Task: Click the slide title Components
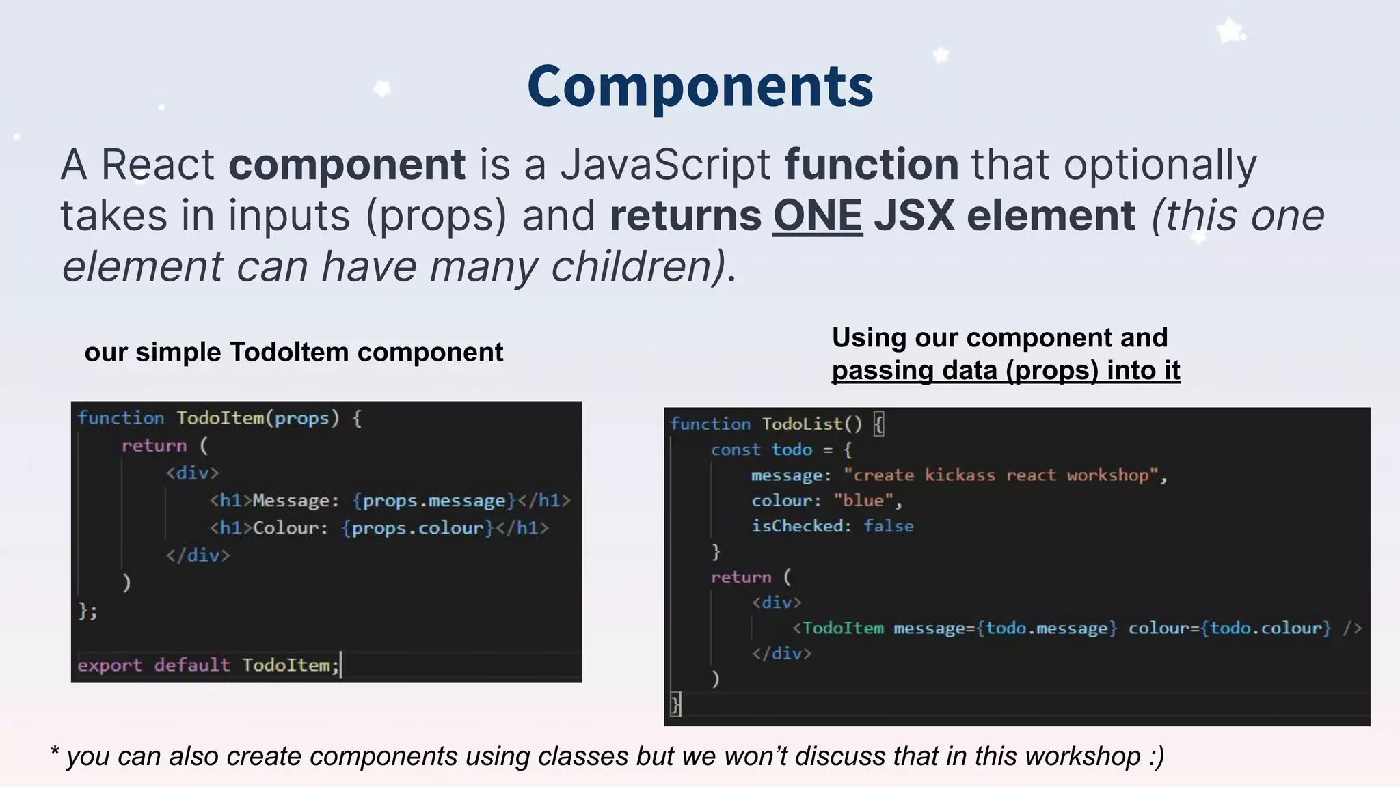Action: pyautogui.click(x=700, y=87)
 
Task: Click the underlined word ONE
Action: pyautogui.click(x=818, y=215)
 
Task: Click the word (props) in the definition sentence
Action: pyautogui.click(x=436, y=215)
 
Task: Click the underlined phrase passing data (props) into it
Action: pyautogui.click(x=1006, y=370)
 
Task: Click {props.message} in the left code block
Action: pyautogui.click(x=434, y=501)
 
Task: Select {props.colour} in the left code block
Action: pyautogui.click(x=418, y=528)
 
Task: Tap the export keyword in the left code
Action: pyautogui.click(x=109, y=665)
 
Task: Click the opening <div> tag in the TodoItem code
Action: pyautogui.click(x=192, y=473)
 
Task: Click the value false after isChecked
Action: pyautogui.click(x=888, y=526)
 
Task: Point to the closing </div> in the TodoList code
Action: pyautogui.click(x=781, y=653)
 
